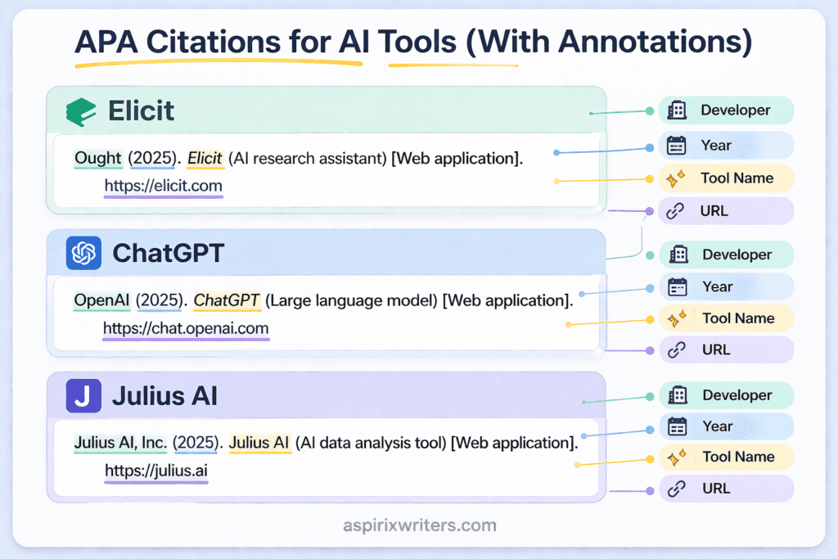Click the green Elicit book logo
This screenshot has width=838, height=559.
pyautogui.click(x=81, y=111)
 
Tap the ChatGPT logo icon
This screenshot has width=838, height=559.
pyautogui.click(x=83, y=253)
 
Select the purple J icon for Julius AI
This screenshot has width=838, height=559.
pyautogui.click(x=83, y=396)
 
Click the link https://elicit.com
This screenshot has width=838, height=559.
pyautogui.click(x=163, y=186)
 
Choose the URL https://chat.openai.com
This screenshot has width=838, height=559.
pyautogui.click(x=186, y=328)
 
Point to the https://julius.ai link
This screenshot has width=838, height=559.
pyautogui.click(x=156, y=471)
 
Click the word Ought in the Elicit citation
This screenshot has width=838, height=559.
pyautogui.click(x=97, y=158)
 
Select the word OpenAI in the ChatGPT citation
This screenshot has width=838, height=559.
pyautogui.click(x=102, y=300)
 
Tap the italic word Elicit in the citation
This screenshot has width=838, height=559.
pyautogui.click(x=205, y=158)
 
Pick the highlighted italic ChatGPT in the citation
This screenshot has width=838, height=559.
pyautogui.click(x=227, y=300)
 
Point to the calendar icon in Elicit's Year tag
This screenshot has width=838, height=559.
pyautogui.click(x=676, y=146)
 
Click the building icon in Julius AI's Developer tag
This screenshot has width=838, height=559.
pyautogui.click(x=677, y=395)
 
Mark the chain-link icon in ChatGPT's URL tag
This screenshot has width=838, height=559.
pyautogui.click(x=676, y=350)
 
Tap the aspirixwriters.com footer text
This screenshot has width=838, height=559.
pyautogui.click(x=419, y=525)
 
